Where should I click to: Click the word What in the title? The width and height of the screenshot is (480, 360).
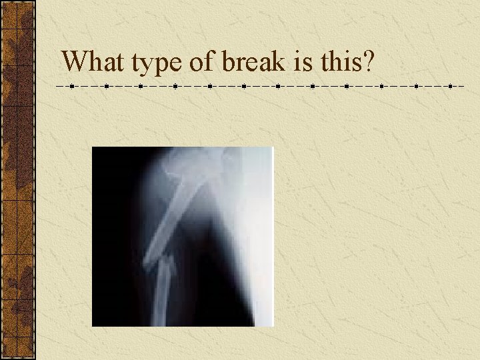[x=93, y=62]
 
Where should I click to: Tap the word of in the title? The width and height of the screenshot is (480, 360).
[x=203, y=62]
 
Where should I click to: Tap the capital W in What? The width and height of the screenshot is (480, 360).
[x=75, y=62]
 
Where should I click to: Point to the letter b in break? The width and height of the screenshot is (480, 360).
[x=228, y=62]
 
